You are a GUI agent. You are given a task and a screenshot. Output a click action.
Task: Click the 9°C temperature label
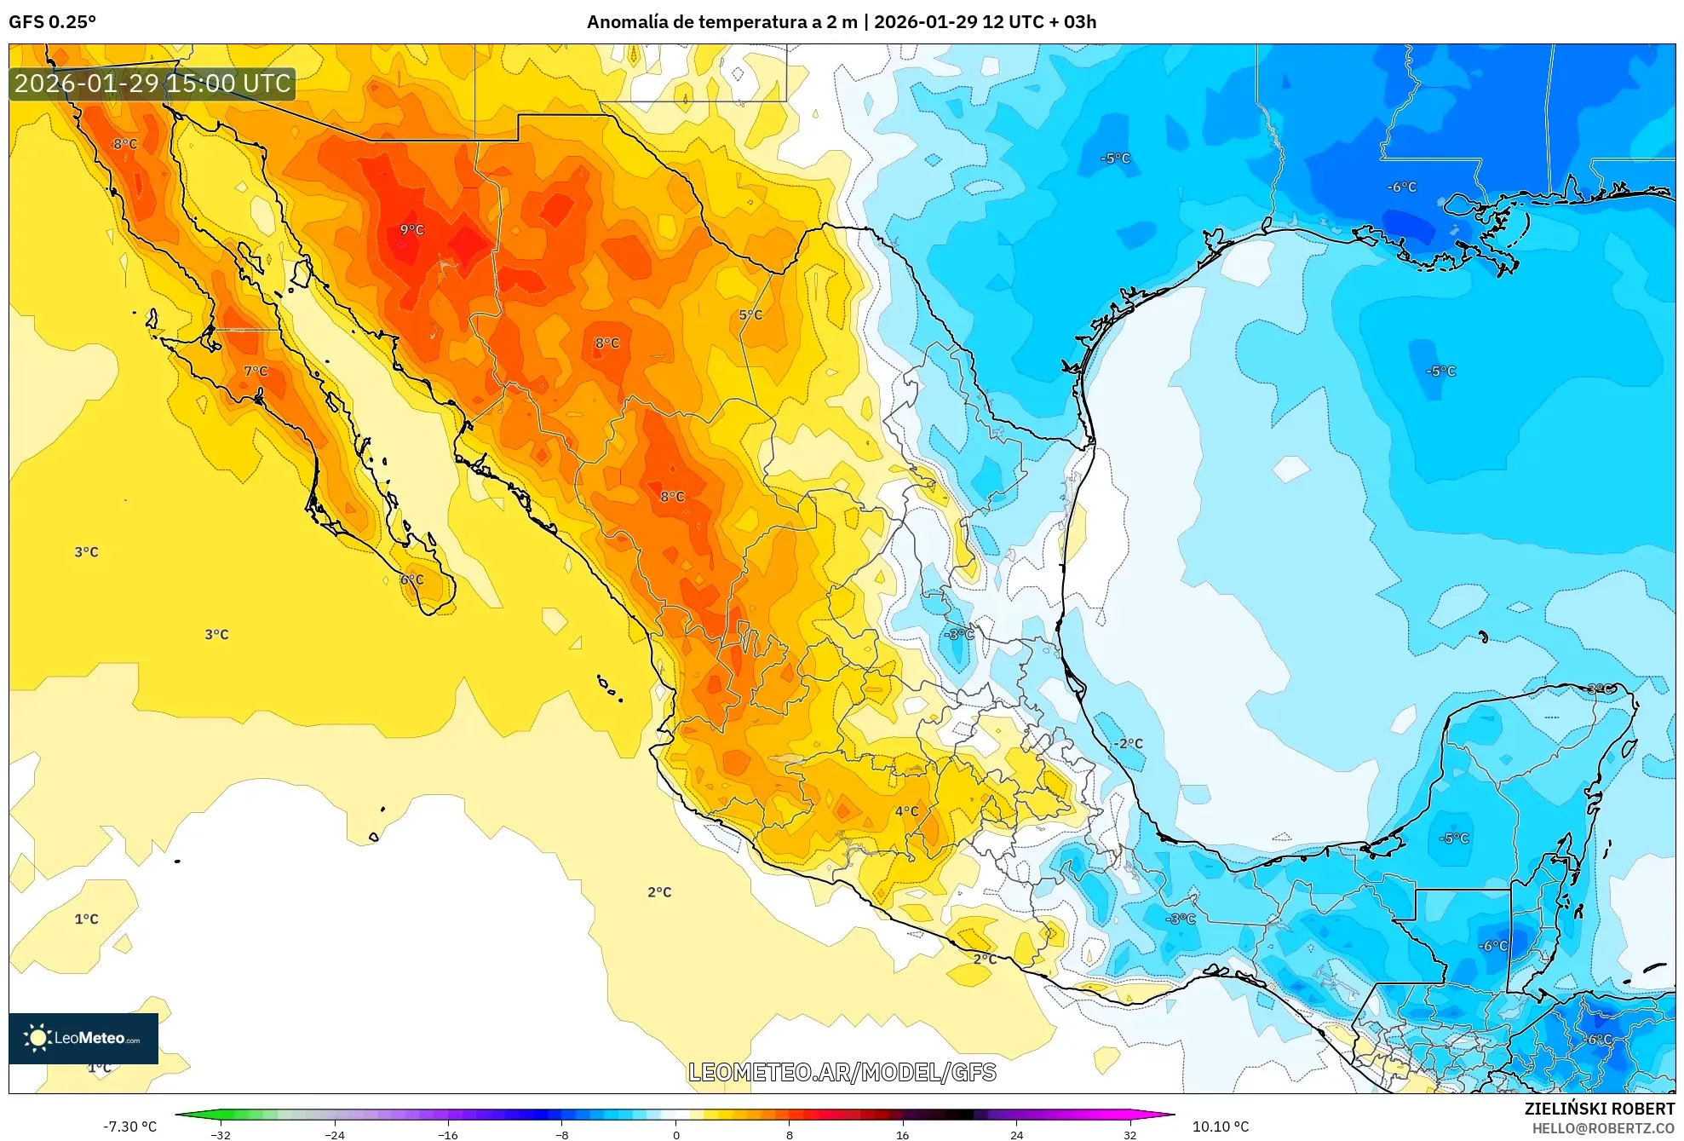[411, 230]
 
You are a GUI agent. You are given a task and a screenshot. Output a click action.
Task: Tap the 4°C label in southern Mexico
[906, 811]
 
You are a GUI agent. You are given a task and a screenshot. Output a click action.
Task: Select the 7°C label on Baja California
[256, 372]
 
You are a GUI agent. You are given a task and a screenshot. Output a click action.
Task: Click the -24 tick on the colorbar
[335, 1134]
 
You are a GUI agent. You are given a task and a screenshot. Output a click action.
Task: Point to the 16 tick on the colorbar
[902, 1134]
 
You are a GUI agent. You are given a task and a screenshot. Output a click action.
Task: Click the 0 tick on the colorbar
[675, 1134]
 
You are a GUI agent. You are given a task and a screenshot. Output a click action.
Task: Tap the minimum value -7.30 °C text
[130, 1127]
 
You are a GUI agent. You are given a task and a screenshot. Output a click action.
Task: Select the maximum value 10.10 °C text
[1220, 1127]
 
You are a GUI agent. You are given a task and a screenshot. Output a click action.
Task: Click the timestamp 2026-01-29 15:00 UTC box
[152, 84]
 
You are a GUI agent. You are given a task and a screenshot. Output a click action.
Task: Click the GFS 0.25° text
[52, 22]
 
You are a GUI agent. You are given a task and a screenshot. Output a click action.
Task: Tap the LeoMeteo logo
[83, 1038]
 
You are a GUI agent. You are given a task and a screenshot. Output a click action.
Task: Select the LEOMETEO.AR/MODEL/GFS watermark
[842, 1072]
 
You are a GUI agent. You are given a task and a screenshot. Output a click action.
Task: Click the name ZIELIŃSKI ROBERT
[1599, 1109]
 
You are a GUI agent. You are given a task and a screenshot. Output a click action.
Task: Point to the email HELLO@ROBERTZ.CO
[1603, 1128]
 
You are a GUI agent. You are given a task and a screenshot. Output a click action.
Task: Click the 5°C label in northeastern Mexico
[750, 315]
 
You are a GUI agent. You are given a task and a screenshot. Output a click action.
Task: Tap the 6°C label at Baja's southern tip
[412, 579]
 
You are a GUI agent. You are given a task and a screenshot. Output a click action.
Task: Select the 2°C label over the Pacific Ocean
[659, 892]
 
